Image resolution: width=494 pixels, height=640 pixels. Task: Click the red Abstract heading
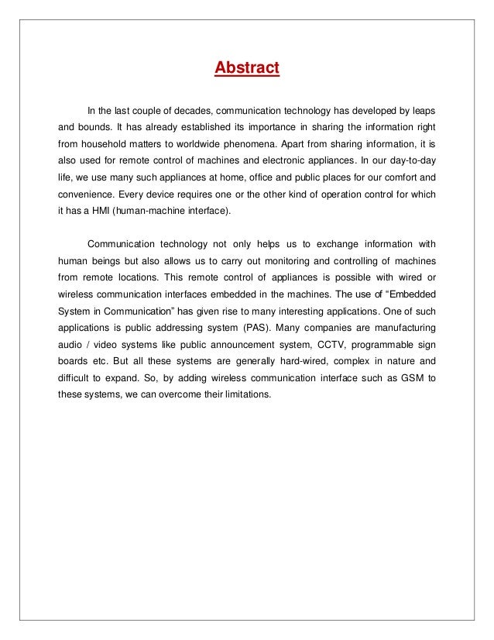(246, 70)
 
